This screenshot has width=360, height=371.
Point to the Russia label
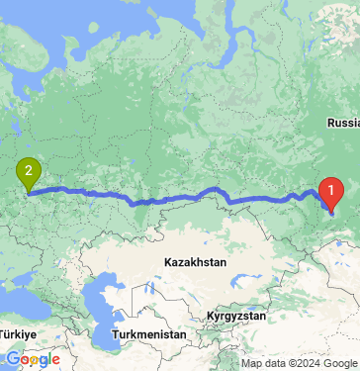(x=343, y=124)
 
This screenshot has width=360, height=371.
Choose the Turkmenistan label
(x=150, y=335)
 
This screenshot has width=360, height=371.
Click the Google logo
(x=33, y=359)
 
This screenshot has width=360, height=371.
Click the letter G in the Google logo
(x=13, y=359)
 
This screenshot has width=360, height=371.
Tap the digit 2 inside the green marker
(x=29, y=169)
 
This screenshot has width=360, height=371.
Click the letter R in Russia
(x=330, y=124)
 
